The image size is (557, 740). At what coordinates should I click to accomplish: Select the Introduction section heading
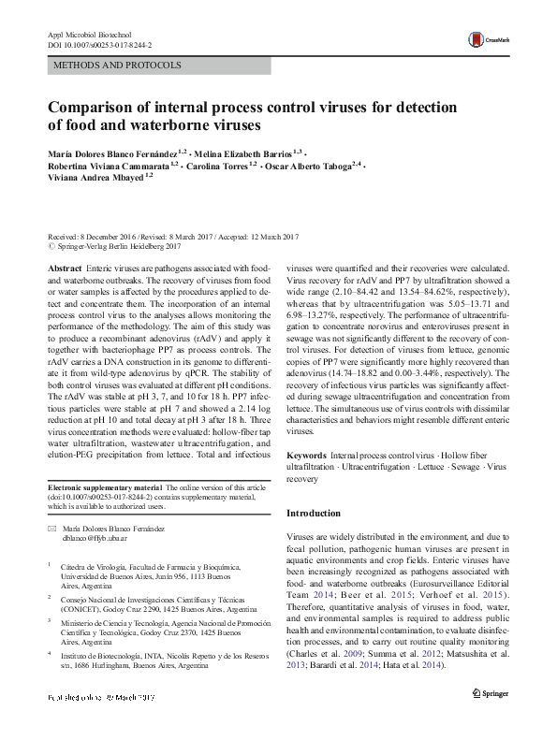[314, 514]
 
